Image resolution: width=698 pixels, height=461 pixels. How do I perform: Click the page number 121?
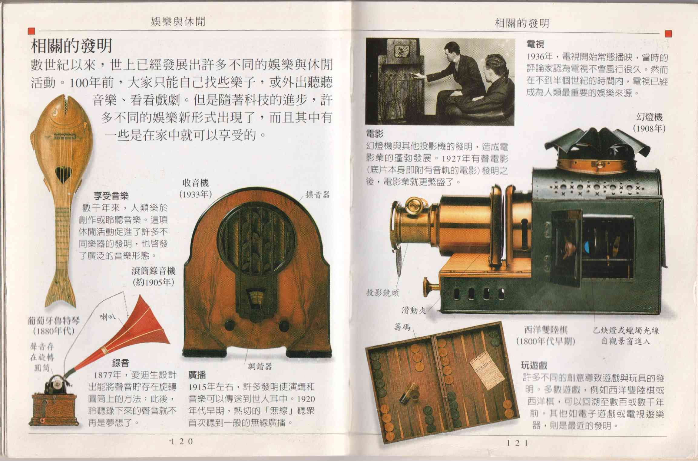pos(517,443)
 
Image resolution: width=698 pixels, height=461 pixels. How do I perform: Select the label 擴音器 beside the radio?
pos(317,195)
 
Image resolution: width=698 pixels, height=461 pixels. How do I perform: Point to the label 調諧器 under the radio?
pos(260,367)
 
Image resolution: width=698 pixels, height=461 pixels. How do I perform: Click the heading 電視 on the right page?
pos(535,44)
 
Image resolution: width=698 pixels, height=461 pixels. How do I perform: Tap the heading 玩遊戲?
pos(534,366)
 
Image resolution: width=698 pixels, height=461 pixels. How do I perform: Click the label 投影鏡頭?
pos(383,293)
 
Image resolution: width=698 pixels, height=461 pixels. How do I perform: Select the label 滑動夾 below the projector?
pos(414,310)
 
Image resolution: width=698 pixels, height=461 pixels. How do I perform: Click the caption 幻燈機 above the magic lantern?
pos(649,117)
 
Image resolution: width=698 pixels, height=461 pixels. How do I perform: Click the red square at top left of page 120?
pos(31,31)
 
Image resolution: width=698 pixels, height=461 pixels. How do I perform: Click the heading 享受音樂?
pos(111,196)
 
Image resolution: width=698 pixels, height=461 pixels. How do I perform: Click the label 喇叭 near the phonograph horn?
pos(108,317)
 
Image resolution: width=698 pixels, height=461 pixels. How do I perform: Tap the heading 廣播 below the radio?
pos(197,375)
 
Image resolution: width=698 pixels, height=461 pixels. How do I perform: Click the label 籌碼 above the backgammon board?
pos(402,327)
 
